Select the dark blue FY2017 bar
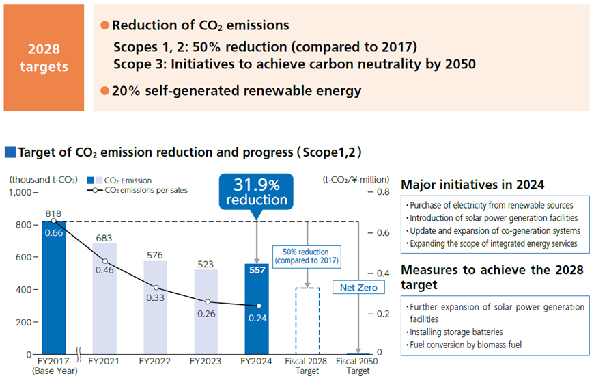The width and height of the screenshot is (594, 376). (x=54, y=287)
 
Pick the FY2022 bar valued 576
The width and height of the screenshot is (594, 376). (x=156, y=308)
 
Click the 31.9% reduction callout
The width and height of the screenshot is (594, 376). (x=256, y=192)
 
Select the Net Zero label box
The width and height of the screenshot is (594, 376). (x=358, y=288)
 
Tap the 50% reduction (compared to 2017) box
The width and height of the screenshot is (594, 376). (x=307, y=255)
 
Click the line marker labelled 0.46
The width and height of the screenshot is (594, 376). (x=104, y=261)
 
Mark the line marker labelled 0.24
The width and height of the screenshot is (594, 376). (x=258, y=306)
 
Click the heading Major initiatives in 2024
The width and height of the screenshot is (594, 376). (x=472, y=185)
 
